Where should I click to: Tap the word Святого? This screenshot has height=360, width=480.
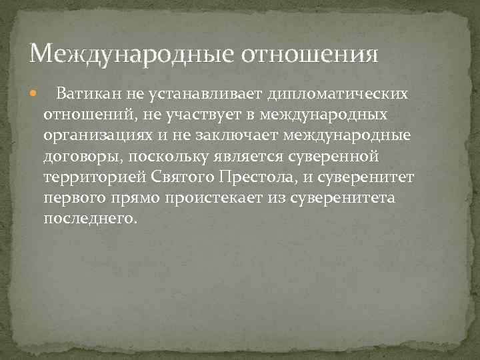click(179, 179)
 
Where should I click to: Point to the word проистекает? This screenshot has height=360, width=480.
click(214, 200)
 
